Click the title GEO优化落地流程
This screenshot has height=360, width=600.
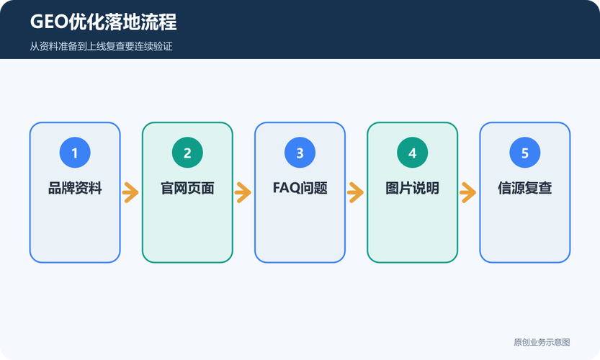tap(103, 22)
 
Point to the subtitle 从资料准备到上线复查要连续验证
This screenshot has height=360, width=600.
tap(101, 46)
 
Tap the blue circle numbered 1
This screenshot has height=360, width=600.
tap(75, 153)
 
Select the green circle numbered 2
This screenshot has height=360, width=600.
tap(187, 153)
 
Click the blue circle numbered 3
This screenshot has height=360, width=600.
tap(300, 153)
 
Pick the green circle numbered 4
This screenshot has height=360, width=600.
tap(413, 153)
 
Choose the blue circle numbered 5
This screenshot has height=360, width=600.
tap(525, 153)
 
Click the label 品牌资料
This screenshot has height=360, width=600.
tap(75, 188)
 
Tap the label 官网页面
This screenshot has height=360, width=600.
tap(187, 188)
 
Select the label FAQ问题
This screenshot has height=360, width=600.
tap(300, 188)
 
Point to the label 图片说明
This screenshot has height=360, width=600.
tap(413, 188)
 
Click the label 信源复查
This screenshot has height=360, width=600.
tap(525, 188)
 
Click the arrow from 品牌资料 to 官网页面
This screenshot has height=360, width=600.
tap(131, 192)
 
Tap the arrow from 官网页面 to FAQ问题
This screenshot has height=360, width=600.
tap(243, 192)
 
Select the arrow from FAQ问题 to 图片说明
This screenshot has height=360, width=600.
tap(356, 192)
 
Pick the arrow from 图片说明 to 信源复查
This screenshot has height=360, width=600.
tap(468, 192)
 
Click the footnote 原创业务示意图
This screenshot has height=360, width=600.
tap(542, 342)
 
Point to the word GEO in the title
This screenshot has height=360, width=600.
tap(49, 22)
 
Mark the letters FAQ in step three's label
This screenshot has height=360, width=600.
tap(286, 188)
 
